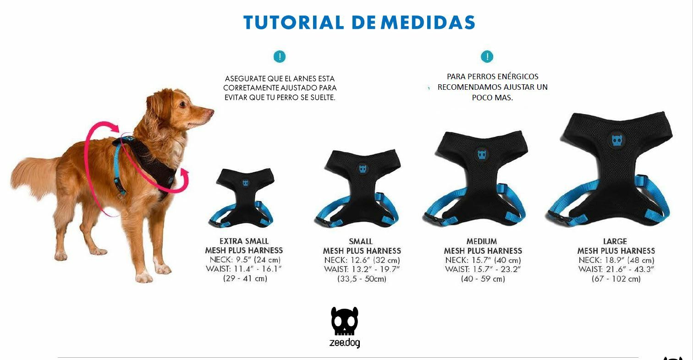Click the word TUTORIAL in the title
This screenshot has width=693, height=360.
[294, 22]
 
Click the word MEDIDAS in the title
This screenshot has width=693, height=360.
[428, 22]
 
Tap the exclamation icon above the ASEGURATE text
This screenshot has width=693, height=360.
[280, 57]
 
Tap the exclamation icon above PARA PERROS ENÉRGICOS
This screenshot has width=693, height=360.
[487, 57]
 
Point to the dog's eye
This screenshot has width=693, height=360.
[182, 104]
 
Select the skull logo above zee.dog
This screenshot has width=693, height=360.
[345, 321]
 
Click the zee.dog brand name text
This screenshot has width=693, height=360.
[345, 343]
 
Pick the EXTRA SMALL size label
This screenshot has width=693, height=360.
[244, 241]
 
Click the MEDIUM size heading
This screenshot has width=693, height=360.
[482, 241]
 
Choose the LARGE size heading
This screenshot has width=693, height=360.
[615, 241]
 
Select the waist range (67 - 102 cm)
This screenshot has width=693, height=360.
[616, 278]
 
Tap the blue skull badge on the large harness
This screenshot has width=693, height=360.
[617, 141]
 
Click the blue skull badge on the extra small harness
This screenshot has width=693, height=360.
[245, 183]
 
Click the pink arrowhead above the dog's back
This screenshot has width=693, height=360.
[115, 128]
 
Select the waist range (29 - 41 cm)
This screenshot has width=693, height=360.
[245, 278]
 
